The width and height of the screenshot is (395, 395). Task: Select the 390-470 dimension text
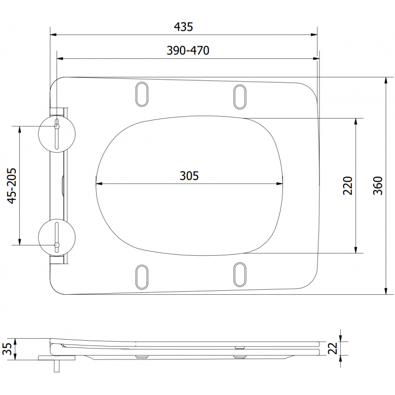187,50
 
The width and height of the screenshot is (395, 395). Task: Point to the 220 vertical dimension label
348,186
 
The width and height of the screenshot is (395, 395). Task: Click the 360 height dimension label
378,186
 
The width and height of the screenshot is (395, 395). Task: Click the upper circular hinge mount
57,134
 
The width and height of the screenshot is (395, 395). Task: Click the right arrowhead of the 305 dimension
281,184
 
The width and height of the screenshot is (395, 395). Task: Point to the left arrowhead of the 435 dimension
54,35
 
